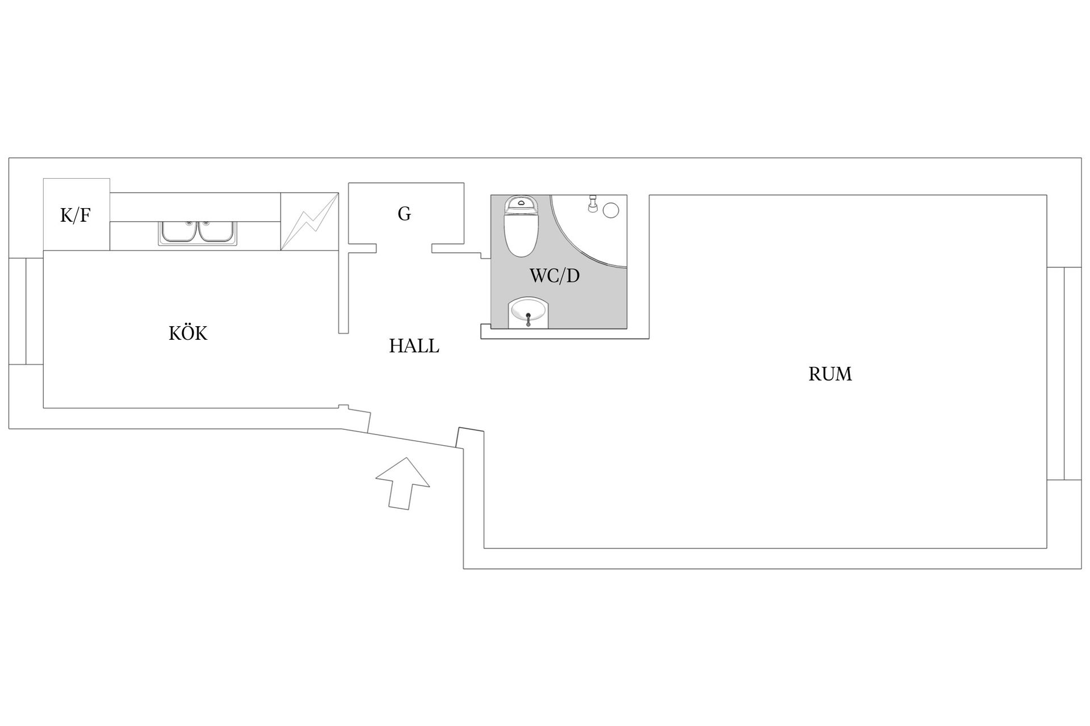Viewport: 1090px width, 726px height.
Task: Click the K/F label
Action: click(x=76, y=216)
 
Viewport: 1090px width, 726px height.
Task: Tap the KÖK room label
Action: click(x=188, y=332)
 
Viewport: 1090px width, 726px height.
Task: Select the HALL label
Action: click(x=414, y=346)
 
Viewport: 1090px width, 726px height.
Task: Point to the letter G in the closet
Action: click(x=404, y=214)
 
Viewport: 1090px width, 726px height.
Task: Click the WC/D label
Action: click(x=555, y=276)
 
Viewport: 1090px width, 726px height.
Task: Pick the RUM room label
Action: click(x=830, y=374)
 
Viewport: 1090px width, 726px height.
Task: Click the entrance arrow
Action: click(x=403, y=483)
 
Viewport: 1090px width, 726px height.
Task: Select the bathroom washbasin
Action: click(x=529, y=313)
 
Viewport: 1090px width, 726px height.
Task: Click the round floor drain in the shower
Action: click(x=610, y=210)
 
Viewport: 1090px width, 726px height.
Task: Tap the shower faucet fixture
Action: click(x=593, y=204)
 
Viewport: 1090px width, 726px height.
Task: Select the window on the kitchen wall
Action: click(x=26, y=311)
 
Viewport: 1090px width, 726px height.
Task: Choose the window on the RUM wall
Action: click(x=1064, y=373)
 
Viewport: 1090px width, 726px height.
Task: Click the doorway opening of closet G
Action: click(x=404, y=248)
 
